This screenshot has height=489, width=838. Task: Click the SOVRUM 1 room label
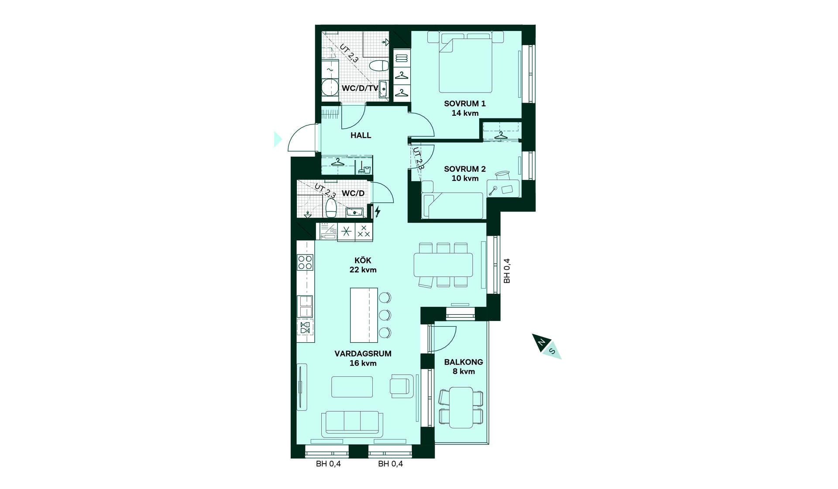pyautogui.click(x=465, y=104)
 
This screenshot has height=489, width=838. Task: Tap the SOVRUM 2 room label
pyautogui.click(x=465, y=169)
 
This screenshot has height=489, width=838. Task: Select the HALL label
pyautogui.click(x=361, y=136)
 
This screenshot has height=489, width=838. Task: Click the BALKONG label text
pyautogui.click(x=464, y=362)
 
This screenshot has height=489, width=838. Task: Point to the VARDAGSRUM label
pyautogui.click(x=363, y=354)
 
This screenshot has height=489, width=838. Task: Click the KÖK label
pyautogui.click(x=363, y=261)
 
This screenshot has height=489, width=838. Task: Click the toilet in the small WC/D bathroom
pyautogui.click(x=331, y=208)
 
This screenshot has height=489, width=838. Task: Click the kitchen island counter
pyautogui.click(x=364, y=315)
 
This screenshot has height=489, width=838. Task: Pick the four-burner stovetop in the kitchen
pyautogui.click(x=305, y=262)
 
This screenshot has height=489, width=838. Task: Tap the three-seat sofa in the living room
pyautogui.click(x=352, y=424)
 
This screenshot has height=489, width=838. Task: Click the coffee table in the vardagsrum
pyautogui.click(x=352, y=387)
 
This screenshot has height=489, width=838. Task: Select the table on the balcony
pyautogui.click(x=461, y=407)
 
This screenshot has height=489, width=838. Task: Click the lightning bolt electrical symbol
pyautogui.click(x=378, y=212)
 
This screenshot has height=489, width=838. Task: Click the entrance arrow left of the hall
pyautogui.click(x=278, y=139)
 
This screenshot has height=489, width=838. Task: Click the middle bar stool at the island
pyautogui.click(x=385, y=315)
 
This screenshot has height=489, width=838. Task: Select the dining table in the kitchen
pyautogui.click(x=443, y=265)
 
